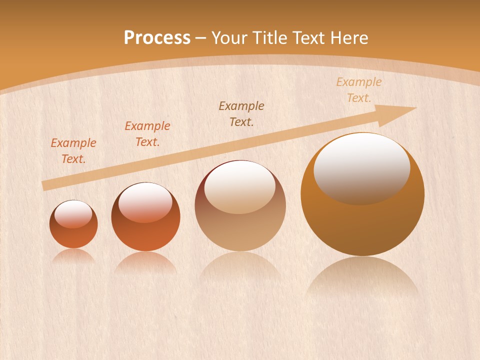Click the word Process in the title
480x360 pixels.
click(x=157, y=38)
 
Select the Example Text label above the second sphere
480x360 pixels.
click(x=147, y=134)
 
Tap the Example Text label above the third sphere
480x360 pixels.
click(x=241, y=113)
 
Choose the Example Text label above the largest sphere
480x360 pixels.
click(x=358, y=90)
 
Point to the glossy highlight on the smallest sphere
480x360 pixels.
click(x=73, y=213)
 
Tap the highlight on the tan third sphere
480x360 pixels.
click(x=240, y=187)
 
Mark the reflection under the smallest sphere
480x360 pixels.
click(x=73, y=256)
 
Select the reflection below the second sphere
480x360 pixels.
click(x=145, y=263)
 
